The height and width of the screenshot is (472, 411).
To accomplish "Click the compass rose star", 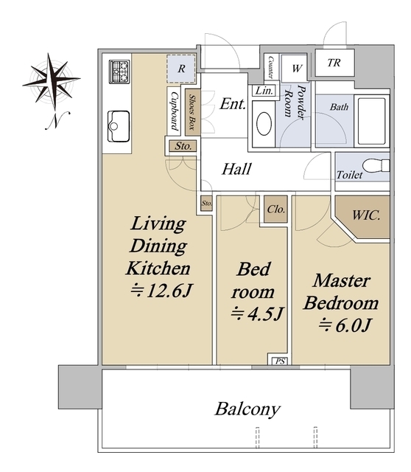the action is tap(52, 80).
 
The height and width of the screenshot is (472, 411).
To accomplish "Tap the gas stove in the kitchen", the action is tap(119, 72).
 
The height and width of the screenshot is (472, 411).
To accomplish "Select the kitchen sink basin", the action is tap(119, 126).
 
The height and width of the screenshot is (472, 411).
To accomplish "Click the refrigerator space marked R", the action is tap(181, 69).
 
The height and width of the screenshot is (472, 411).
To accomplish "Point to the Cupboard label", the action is tap(174, 111).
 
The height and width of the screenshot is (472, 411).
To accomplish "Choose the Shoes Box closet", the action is tap(192, 112).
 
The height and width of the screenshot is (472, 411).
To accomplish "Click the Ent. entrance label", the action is tap(233, 104).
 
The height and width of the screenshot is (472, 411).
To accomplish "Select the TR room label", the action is tap(334, 63).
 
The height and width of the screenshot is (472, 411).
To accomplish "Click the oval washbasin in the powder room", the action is tap(264, 124).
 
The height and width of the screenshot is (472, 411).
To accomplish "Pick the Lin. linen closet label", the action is tap(264, 90).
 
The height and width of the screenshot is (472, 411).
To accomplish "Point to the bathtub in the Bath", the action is tap(372, 121).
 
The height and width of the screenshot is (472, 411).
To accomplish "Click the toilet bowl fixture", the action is tap(376, 166).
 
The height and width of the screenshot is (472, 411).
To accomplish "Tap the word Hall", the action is tap(236, 169).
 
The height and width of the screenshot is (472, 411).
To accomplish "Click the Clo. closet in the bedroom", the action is tap(275, 209).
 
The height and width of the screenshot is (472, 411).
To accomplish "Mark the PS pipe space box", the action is tap(280, 361).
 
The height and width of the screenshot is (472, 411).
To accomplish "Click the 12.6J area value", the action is tap(161, 291).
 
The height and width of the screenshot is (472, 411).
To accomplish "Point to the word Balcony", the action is tap(247, 409).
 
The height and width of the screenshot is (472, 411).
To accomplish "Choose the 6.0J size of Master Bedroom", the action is tap(345, 325).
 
